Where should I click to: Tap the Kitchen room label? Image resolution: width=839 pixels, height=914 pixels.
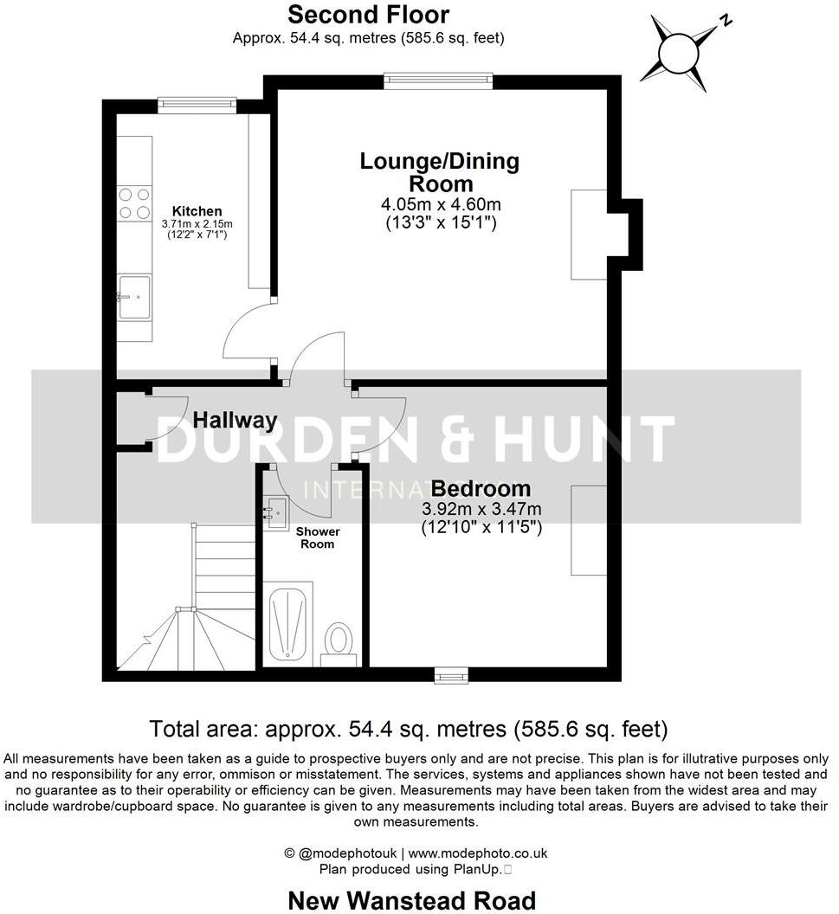tap(197, 211)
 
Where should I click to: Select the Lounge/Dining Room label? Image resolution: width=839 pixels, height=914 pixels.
tap(440, 172)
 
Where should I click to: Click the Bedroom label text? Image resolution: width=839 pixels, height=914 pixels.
tap(481, 488)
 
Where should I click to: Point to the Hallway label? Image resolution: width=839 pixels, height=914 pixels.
tap(235, 421)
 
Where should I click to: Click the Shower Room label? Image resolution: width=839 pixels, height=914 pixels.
tap(318, 537)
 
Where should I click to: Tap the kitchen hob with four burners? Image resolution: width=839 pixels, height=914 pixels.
tap(134, 203)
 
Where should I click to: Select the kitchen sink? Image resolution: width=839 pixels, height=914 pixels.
tap(134, 296)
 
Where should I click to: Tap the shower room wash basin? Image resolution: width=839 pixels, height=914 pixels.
tap(276, 511)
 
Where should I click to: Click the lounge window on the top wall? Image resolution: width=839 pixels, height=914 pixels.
tap(438, 81)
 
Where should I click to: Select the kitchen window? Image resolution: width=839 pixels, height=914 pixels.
tap(197, 105)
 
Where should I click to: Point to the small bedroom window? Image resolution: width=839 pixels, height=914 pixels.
tap(450, 674)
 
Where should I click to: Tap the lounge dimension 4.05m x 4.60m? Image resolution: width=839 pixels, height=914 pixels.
tap(441, 205)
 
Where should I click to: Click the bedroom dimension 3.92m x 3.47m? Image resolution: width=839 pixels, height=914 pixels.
tap(481, 509)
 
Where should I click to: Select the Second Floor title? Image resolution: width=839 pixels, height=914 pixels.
tap(368, 15)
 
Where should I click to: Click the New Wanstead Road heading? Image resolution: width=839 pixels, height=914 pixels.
tap(411, 900)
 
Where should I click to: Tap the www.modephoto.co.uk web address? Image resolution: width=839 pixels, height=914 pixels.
tap(477, 853)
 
